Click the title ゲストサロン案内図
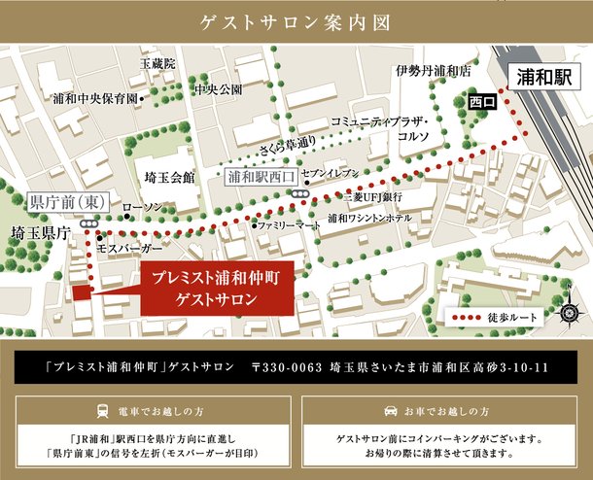[296, 20]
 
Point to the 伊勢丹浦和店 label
[433, 71]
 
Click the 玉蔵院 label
[157, 63]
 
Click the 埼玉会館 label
[168, 178]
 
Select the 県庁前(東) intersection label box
[67, 202]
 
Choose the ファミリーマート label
[289, 225]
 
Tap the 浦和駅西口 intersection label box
[260, 178]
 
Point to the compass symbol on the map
[571, 313]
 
